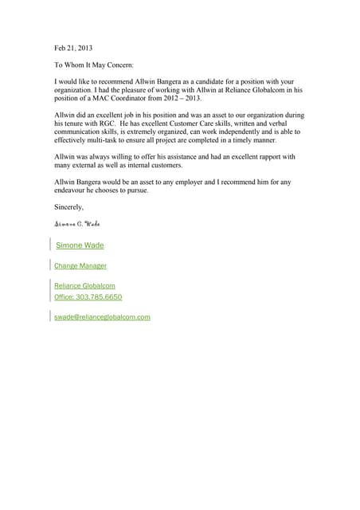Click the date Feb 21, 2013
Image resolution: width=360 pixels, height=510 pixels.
pyautogui.click(x=73, y=48)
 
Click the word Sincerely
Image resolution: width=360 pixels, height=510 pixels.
pyautogui.click(x=68, y=206)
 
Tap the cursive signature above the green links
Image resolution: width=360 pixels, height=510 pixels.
pyautogui.click(x=77, y=224)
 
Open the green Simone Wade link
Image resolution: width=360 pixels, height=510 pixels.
pyautogui.click(x=80, y=245)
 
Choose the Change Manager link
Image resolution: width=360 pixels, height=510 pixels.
pyautogui.click(x=80, y=265)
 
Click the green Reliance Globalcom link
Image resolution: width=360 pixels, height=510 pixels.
pyautogui.click(x=84, y=284)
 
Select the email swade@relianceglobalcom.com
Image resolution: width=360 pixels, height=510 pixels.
pyautogui.click(x=102, y=316)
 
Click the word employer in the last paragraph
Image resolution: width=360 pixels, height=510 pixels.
pyautogui.click(x=203, y=182)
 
